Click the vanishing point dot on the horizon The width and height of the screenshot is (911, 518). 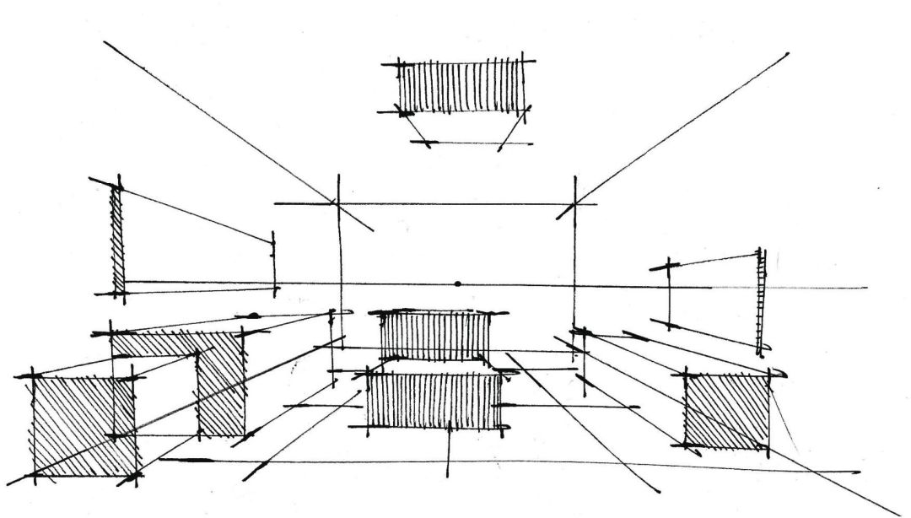pos(457,283)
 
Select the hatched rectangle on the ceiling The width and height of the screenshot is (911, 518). pos(461,85)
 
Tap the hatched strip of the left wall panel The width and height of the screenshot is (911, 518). pos(118,240)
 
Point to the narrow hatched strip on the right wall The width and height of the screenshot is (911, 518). pos(762,299)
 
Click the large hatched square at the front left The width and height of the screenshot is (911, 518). pos(83,426)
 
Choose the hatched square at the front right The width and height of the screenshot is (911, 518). pos(726,410)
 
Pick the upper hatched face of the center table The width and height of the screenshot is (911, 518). pos(434,336)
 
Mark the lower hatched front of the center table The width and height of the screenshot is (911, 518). pos(434,402)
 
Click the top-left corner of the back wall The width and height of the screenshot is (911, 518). pos(339,203)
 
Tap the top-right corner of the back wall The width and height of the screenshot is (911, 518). pos(574,203)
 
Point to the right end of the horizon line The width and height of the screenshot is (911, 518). pos(865,287)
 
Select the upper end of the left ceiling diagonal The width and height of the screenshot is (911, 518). pos(105,42)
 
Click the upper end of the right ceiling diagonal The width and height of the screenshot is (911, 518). pos(787,54)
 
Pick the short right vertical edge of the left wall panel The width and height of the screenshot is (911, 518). pos(273,263)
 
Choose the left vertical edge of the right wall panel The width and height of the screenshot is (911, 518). pos(670,295)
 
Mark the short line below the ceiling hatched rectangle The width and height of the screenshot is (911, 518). pos(464,143)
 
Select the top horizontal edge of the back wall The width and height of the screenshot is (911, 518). pos(455,203)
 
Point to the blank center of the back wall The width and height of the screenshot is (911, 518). pos(455,245)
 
